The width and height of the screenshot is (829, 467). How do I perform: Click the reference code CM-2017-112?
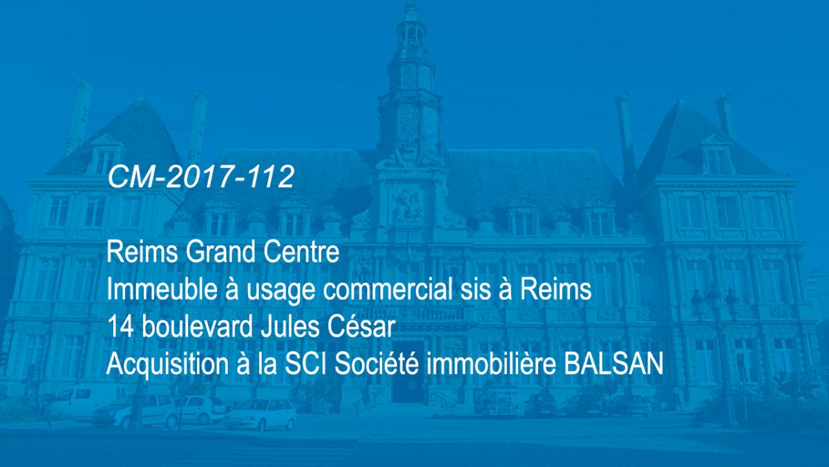coord(200,177)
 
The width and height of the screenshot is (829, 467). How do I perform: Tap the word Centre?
coord(301,252)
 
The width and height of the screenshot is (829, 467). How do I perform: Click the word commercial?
coord(388,289)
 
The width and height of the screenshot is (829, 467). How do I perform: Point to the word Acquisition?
coord(166,365)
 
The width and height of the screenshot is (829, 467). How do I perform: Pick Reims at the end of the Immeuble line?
coord(556,289)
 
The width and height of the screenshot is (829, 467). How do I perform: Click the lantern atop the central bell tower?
coord(411,26)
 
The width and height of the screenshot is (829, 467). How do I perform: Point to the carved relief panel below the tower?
coord(407,203)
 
